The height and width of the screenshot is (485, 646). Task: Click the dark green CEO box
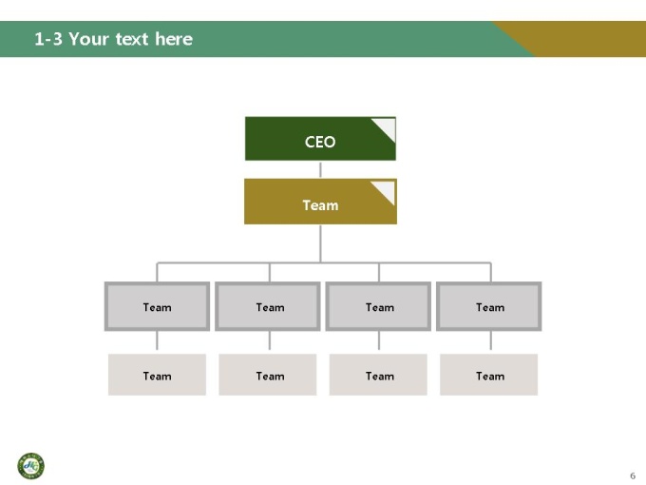point(320,139)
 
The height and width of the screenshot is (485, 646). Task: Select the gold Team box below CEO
point(320,202)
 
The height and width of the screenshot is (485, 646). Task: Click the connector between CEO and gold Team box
point(320,169)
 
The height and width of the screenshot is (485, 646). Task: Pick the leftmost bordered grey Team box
point(157,306)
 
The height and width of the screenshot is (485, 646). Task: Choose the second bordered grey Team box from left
point(267,306)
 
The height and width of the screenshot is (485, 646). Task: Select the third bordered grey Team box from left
point(378,306)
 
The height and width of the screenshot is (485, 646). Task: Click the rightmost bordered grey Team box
point(488,306)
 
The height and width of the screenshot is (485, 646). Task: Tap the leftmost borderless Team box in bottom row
point(157,375)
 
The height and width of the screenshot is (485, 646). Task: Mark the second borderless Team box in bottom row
point(267,375)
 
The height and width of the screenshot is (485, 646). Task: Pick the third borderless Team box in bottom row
point(378,375)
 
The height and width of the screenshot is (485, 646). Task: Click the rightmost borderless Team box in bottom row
point(488,375)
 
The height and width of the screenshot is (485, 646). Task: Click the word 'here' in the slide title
point(174,39)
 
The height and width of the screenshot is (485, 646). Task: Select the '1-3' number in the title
point(48,39)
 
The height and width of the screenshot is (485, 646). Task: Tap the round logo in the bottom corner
point(31,466)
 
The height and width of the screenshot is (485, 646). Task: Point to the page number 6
point(633,475)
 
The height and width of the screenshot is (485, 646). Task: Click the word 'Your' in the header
point(88,39)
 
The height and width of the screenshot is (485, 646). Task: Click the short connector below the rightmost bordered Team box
point(491,340)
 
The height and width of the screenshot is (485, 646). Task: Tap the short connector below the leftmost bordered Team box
point(157,340)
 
